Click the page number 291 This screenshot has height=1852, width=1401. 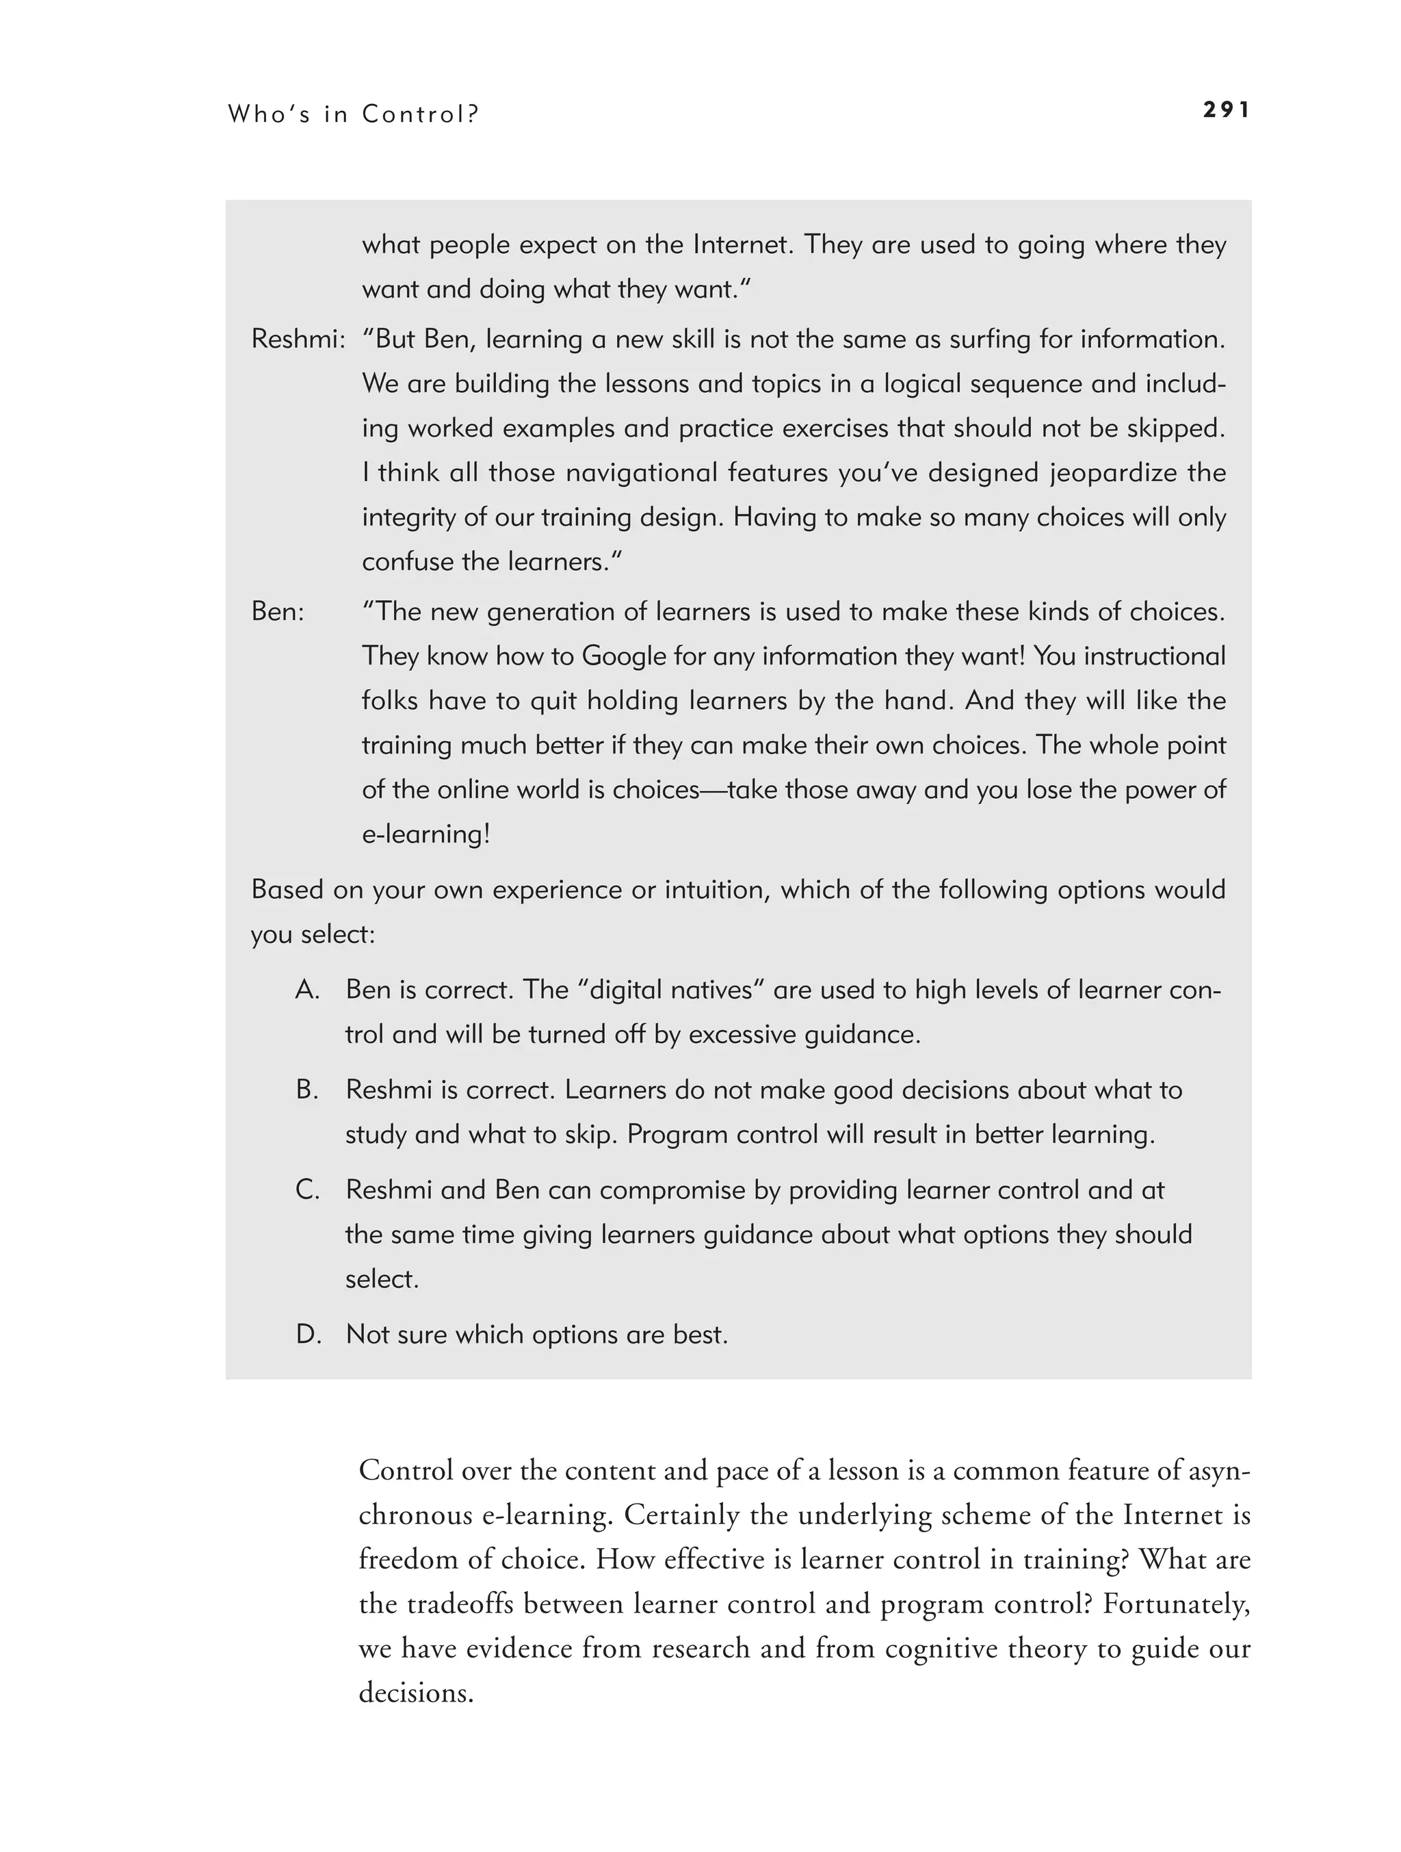click(x=1226, y=110)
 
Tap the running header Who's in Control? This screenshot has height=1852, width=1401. click(x=352, y=114)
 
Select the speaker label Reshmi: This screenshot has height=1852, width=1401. click(x=298, y=339)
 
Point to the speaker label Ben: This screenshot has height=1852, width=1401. click(x=278, y=611)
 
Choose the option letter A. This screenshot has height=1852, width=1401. click(x=307, y=990)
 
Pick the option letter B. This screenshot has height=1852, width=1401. click(x=307, y=1090)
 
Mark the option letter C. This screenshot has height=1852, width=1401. click(x=307, y=1189)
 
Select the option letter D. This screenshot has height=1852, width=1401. click(x=308, y=1334)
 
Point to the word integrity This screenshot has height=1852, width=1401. click(x=408, y=517)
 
